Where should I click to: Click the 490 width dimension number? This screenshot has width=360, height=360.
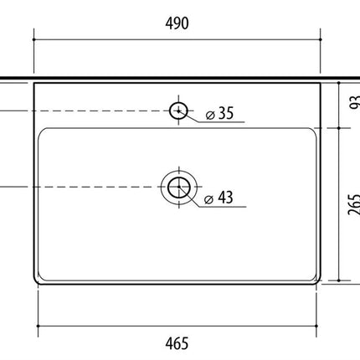click(177, 23)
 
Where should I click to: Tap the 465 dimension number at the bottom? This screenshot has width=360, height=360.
click(177, 343)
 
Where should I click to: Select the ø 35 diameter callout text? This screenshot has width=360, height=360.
click(219, 113)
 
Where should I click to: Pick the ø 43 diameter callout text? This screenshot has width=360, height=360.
click(219, 198)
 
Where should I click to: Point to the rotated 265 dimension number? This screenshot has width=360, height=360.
click(354, 204)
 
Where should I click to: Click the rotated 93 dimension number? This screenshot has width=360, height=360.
click(354, 102)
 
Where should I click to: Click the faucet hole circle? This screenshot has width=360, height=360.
click(178, 111)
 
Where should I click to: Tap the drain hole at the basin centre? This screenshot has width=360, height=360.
click(179, 187)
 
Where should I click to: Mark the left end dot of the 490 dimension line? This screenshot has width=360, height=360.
click(33, 39)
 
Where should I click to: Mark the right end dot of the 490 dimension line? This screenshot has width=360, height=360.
click(321, 39)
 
